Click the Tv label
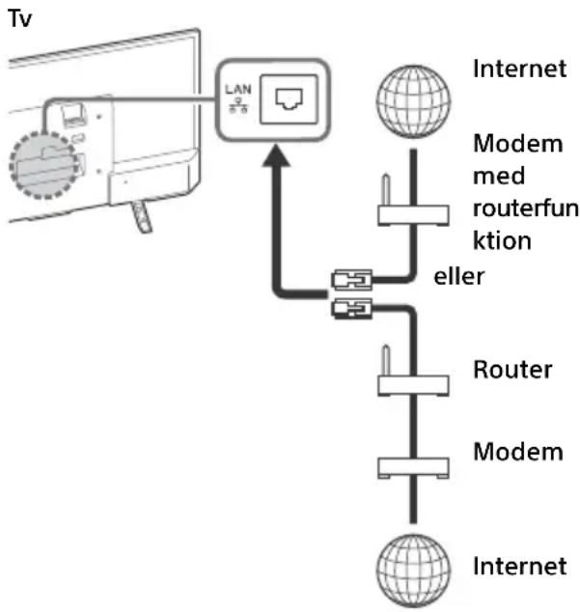pyautogui.click(x=19, y=18)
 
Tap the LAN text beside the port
pyautogui.click(x=238, y=90)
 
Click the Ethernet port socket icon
pyautogui.click(x=290, y=99)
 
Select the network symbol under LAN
pyautogui.click(x=238, y=105)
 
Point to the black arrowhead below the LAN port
pyautogui.click(x=276, y=155)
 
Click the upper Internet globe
pyautogui.click(x=413, y=101)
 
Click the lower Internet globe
pyautogui.click(x=413, y=570)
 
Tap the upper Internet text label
pyautogui.click(x=519, y=69)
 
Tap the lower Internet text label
pyautogui.click(x=519, y=566)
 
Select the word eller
pyautogui.click(x=459, y=276)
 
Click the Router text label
pyautogui.click(x=512, y=370)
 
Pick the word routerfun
pyautogui.click(x=526, y=209)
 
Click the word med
pyautogui.click(x=499, y=176)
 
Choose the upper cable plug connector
pyautogui.click(x=351, y=280)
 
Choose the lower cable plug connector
pyautogui.click(x=351, y=309)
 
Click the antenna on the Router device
pyautogui.click(x=386, y=360)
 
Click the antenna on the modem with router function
pyautogui.click(x=386, y=190)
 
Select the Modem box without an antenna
pyautogui.click(x=413, y=467)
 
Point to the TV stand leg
pyautogui.click(x=141, y=216)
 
